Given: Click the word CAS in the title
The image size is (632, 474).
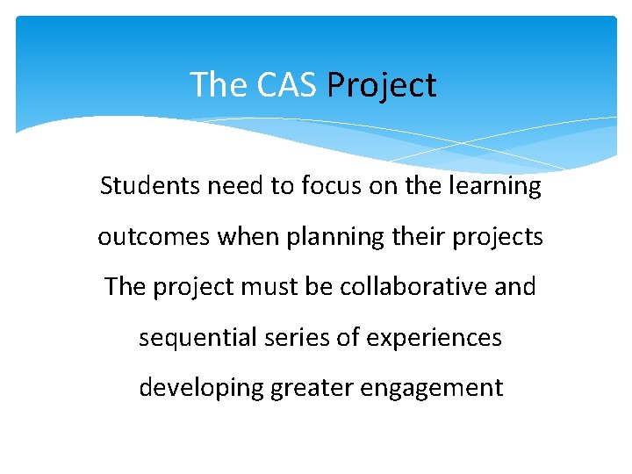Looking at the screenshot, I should (x=287, y=85).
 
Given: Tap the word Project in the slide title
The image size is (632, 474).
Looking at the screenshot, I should (x=381, y=86).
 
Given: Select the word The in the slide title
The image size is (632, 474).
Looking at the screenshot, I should (x=219, y=85).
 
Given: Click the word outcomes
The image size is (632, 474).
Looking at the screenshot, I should (x=140, y=237).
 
